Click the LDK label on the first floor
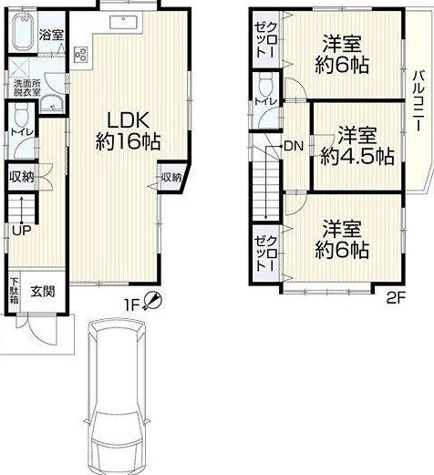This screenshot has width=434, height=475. pos(129,121)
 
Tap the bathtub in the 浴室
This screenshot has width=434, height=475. pos(24,31)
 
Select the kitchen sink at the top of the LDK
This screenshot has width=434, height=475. pos(124,22)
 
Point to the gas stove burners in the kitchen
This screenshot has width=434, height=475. pos(80,55)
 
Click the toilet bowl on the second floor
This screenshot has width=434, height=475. pos(265,84)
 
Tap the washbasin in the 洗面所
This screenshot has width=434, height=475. pos(52,104)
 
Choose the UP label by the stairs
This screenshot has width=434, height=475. pos(21,232)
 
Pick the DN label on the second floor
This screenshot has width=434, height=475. pos(294,147)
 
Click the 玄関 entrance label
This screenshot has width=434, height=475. pos(43,292)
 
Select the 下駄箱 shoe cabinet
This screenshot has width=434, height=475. pos(15,292)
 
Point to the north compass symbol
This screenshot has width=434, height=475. pos(153,301)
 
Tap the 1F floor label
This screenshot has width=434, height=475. pos(131,305)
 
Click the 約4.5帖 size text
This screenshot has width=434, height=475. pos(357,157)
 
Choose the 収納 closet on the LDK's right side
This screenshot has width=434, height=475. pos(171,178)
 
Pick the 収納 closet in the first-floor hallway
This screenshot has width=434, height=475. pos(21,177)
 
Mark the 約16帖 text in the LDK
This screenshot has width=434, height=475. pos(128,141)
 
